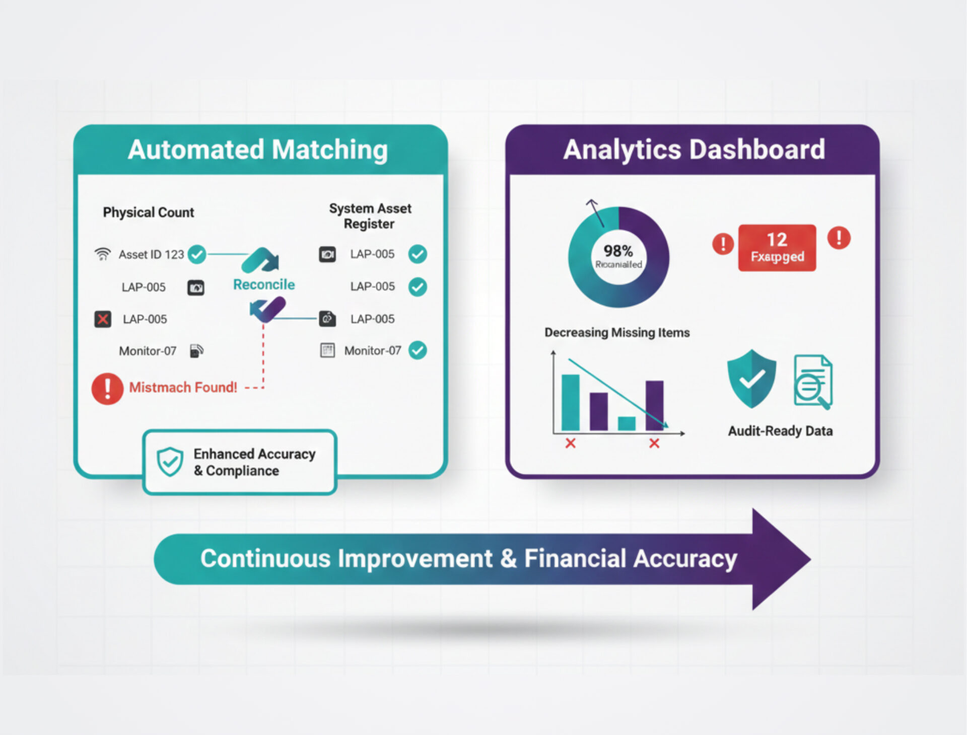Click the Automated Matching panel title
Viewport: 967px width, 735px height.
258,150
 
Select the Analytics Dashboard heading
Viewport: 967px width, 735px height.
694,150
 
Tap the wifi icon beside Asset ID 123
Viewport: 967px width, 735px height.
103,254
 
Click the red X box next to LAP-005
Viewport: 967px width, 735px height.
103,319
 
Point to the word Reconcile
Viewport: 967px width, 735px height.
264,284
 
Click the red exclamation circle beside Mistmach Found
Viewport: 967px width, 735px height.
107,389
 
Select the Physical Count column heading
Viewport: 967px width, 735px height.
149,212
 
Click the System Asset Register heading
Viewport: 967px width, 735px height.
370,216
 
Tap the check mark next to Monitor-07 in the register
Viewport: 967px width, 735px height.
418,350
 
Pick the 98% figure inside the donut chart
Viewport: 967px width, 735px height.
618,251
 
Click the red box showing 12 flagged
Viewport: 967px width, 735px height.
777,248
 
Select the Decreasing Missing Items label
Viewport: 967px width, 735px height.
617,333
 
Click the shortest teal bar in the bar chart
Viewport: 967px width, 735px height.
627,424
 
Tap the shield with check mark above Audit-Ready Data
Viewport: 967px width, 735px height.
751,379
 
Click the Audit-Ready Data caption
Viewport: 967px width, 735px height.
780,431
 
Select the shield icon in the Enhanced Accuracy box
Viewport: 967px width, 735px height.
170,461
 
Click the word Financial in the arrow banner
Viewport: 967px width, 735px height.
575,559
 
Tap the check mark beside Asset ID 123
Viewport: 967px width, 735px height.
197,254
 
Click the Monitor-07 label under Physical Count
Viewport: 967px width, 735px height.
148,351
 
